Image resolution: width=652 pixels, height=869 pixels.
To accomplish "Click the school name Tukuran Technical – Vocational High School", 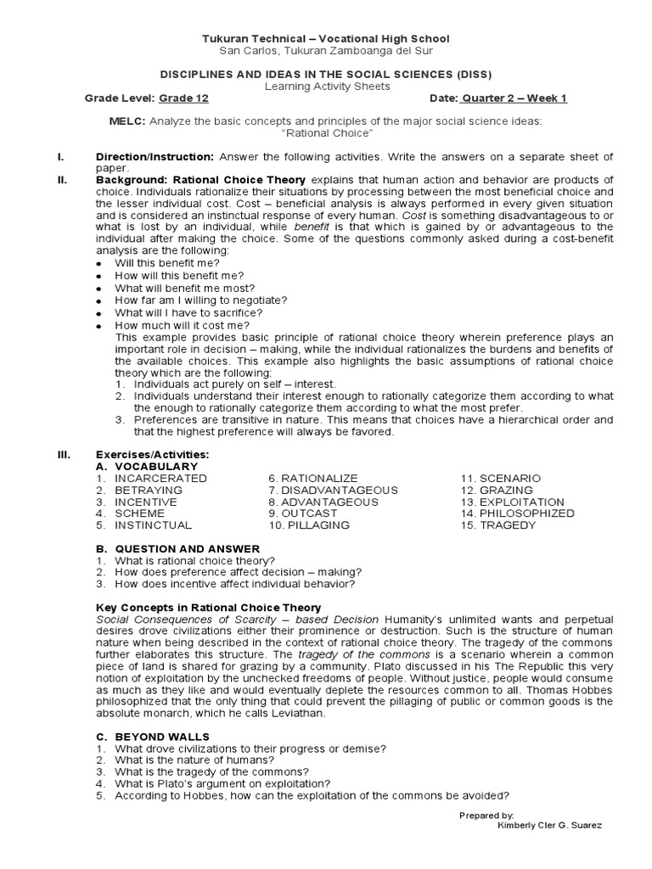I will [x=325, y=39].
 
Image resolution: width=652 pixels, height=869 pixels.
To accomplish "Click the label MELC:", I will [x=127, y=122].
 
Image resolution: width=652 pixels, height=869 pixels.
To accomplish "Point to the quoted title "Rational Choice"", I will [x=326, y=134].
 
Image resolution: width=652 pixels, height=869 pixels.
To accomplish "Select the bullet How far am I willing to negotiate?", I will [x=200, y=300].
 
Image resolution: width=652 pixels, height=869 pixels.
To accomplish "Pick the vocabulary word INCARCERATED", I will [x=160, y=479].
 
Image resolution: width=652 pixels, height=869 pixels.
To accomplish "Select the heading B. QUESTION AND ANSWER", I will [x=177, y=549].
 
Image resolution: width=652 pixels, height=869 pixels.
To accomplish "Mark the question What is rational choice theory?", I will [x=194, y=561].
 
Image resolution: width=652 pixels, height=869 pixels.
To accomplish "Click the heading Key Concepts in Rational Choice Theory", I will [x=208, y=608].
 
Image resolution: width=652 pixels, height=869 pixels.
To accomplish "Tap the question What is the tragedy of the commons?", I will [x=211, y=772].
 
